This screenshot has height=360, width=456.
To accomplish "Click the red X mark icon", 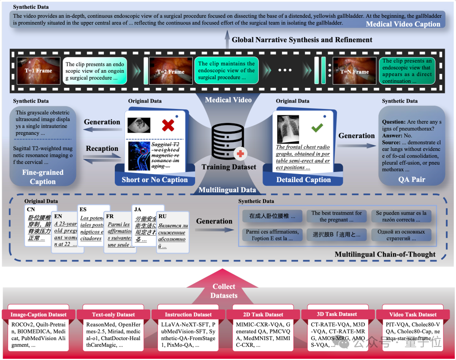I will pos(168,125).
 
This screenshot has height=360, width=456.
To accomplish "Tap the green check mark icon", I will pos(317,128).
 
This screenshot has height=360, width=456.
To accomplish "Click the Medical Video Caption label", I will pos(403,24).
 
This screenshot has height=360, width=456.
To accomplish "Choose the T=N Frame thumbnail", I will pos(354,71).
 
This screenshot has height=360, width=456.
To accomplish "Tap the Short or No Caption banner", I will pos(155,180).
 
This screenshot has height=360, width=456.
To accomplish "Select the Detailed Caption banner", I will pos(304,180).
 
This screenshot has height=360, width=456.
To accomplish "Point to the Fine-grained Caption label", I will pos(43,177).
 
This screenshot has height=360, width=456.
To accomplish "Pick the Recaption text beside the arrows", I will pos(102,149).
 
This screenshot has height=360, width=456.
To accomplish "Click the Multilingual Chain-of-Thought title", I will pos(385,254).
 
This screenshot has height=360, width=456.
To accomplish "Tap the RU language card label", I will pos(163,216).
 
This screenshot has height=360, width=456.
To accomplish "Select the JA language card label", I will pos(138,209).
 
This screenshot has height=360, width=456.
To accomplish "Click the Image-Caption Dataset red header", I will pos(38,315).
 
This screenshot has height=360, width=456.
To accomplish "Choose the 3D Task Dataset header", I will pos(337,314).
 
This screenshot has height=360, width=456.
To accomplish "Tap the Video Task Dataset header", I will pos(413,314).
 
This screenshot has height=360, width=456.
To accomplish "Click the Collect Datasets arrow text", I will pos(224,291).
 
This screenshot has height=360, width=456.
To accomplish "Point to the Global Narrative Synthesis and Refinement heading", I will pos(302,40).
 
